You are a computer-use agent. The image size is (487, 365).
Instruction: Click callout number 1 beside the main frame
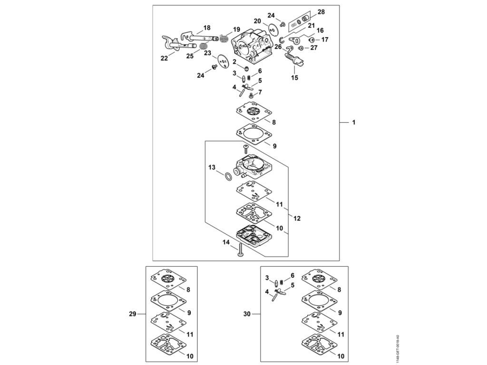pyautogui.click(x=353, y=123)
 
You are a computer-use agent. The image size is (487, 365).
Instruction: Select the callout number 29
pyautogui.click(x=133, y=314)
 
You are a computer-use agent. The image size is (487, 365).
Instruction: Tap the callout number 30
pyautogui.click(x=246, y=314)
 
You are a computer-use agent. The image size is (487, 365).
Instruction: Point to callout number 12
pyautogui.click(x=297, y=219)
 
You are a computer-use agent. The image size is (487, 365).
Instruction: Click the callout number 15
pyautogui.click(x=294, y=77)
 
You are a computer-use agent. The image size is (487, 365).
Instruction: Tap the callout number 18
pyautogui.click(x=207, y=28)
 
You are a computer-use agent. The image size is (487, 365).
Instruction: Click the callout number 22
pyautogui.click(x=164, y=58)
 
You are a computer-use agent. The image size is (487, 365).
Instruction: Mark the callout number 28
pyautogui.click(x=321, y=11)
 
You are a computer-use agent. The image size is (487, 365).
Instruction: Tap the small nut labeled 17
pyautogui.click(x=312, y=40)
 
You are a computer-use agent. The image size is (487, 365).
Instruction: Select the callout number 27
pyautogui.click(x=314, y=48)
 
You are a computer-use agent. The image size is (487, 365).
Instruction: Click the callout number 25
pyautogui.click(x=189, y=56)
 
